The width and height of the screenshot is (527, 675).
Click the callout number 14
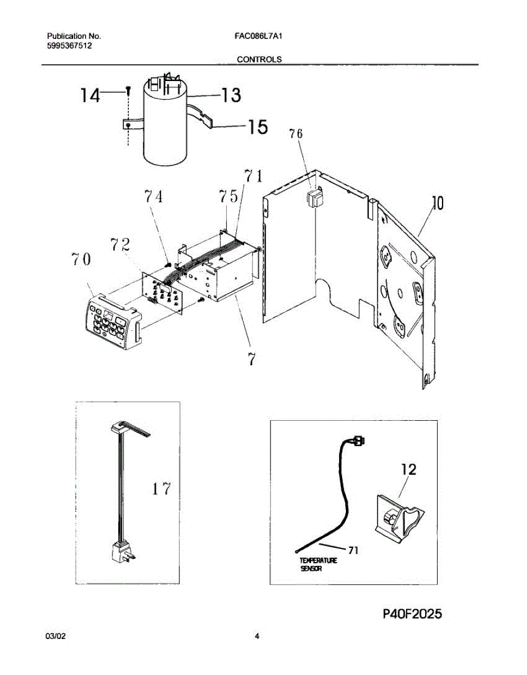pos(89,96)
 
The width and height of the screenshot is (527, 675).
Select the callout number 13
pos(229,96)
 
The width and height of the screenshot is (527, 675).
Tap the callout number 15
pos(257,128)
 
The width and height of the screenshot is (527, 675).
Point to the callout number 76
pos(296,134)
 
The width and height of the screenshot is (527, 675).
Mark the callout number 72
pos(120,245)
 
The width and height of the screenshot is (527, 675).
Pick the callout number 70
pos(81,260)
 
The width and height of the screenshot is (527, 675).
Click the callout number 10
pos(438,203)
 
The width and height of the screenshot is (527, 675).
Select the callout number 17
pos(161,489)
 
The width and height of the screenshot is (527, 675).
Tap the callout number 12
pos(408,469)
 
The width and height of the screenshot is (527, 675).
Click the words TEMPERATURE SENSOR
pos(318,565)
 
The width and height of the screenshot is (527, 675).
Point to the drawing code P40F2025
pos(412,614)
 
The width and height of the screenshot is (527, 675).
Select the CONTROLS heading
pos(259,59)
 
